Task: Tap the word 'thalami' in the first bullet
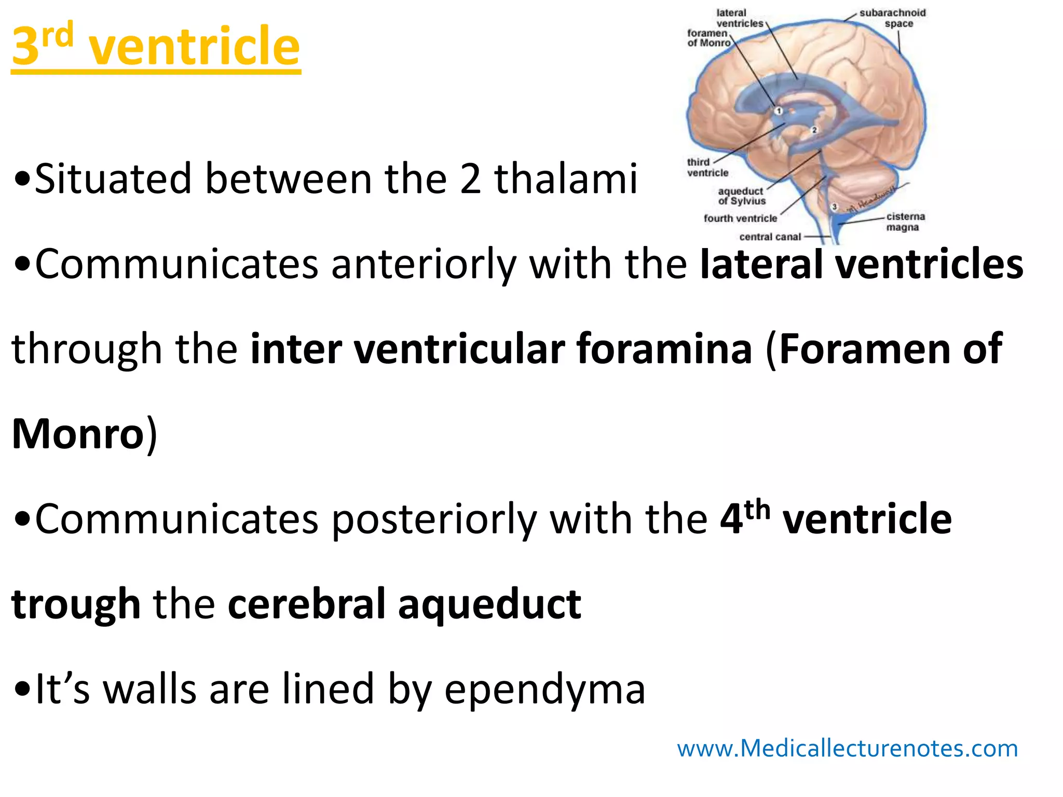click(566, 179)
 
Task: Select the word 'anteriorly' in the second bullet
click(424, 264)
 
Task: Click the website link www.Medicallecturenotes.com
click(847, 748)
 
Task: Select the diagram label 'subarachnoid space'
click(893, 18)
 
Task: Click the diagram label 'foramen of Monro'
click(708, 38)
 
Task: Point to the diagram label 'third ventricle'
click(707, 168)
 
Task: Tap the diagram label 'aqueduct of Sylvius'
click(742, 196)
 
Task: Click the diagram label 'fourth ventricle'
click(740, 218)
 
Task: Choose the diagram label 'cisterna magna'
click(905, 222)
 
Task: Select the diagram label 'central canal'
click(770, 237)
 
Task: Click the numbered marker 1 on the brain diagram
click(779, 111)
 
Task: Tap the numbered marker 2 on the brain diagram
click(814, 130)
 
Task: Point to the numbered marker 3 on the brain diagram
click(835, 207)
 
